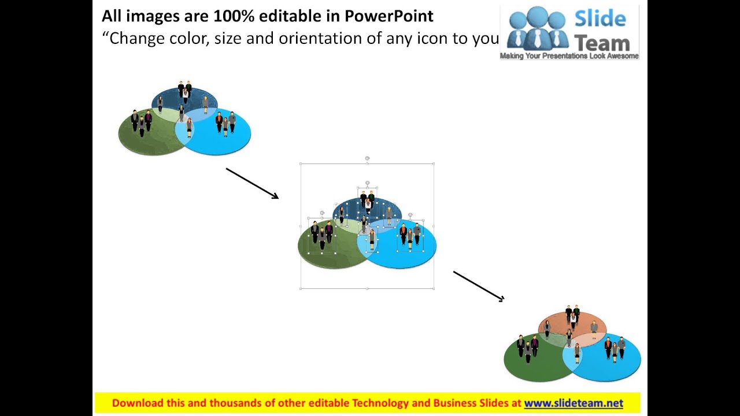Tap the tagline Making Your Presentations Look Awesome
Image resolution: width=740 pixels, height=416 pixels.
click(569, 56)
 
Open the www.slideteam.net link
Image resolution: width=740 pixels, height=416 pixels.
click(573, 403)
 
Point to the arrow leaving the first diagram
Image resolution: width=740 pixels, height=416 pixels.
click(252, 183)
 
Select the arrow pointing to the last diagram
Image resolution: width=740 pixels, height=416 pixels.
click(479, 286)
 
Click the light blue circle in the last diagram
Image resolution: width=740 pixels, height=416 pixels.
click(613, 367)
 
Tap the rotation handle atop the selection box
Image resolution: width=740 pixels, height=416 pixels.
click(367, 158)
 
